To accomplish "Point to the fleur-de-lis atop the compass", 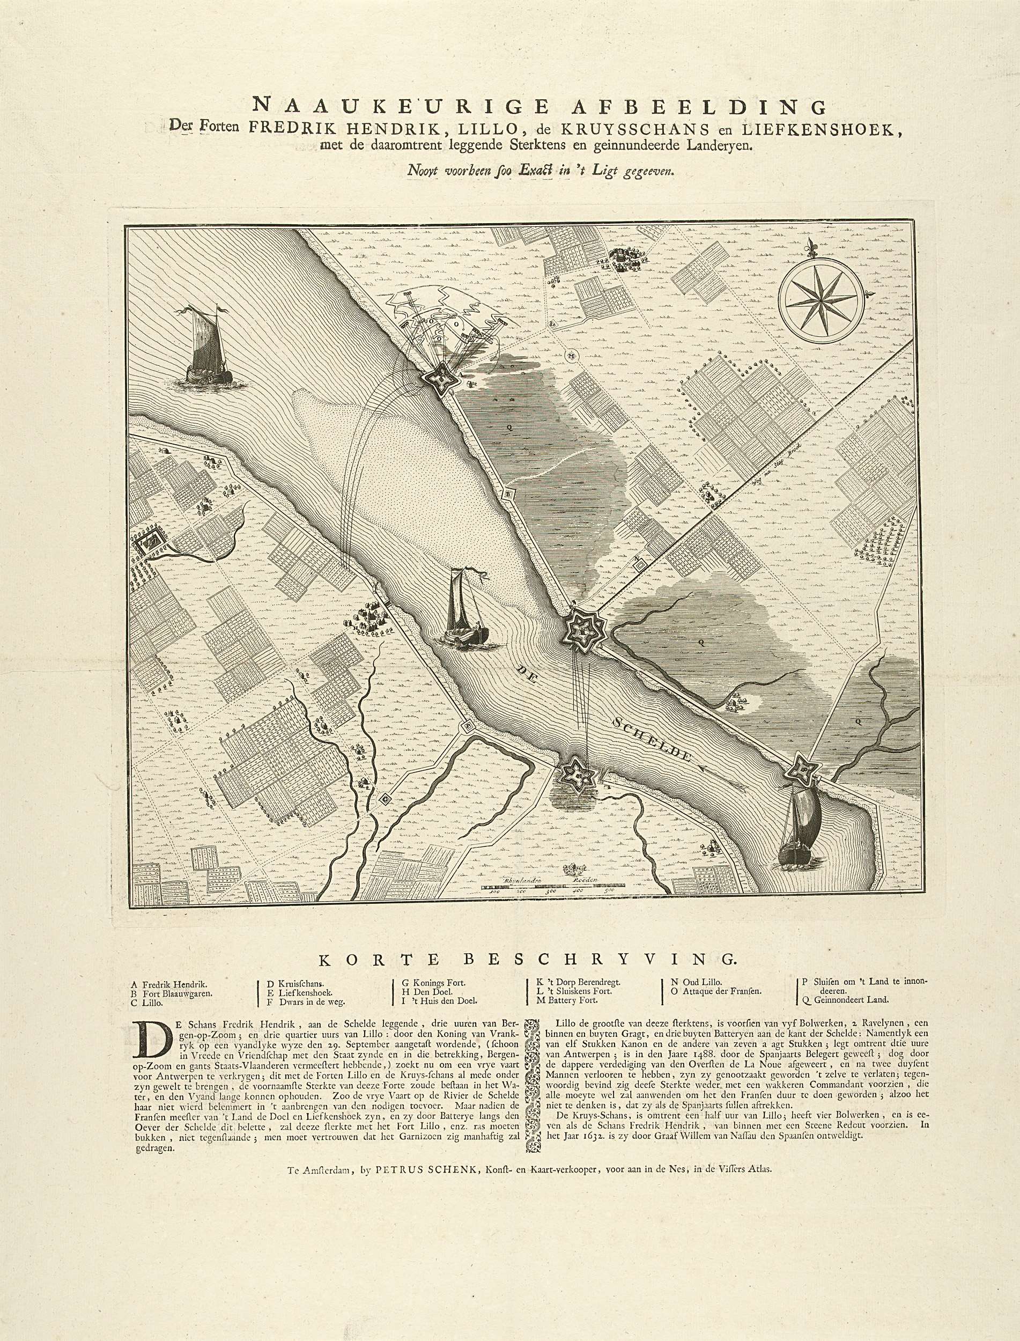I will coord(814,247).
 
